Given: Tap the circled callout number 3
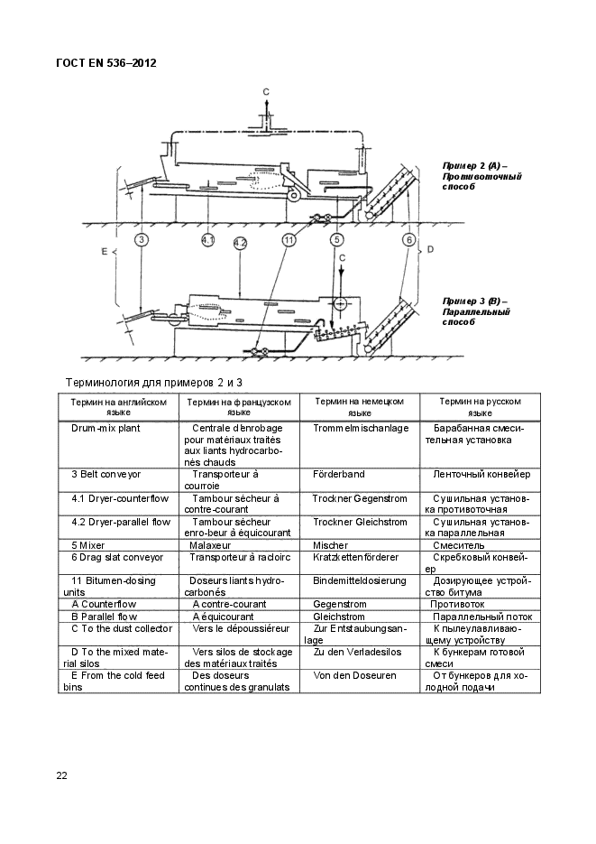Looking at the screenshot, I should (x=142, y=239).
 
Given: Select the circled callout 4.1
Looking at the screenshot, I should (x=208, y=239).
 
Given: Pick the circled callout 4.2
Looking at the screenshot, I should (x=240, y=243).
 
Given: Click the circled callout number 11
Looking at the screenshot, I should (x=289, y=239).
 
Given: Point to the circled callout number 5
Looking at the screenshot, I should (x=336, y=239).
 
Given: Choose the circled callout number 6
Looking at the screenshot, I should (x=408, y=239).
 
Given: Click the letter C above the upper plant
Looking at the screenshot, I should (x=266, y=92).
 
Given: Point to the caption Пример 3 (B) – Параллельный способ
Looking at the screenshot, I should (x=475, y=311).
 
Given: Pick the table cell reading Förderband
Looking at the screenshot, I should (x=338, y=474).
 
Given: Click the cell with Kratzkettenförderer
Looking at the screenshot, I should (x=354, y=558).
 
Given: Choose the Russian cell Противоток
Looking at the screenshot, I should (x=458, y=604).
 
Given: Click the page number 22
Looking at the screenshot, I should (x=62, y=775).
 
